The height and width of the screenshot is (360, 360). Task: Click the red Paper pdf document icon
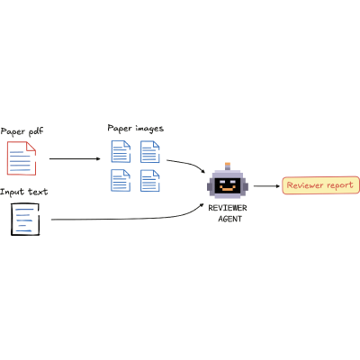[x=22, y=158]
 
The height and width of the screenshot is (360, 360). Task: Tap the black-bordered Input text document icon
[x=25, y=220]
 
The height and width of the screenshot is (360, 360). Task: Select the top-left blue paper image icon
[x=121, y=151]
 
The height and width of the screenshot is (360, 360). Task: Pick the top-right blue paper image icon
[x=150, y=151]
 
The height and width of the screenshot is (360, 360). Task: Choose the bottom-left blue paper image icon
[x=121, y=180]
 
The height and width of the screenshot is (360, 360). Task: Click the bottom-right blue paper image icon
[x=150, y=180]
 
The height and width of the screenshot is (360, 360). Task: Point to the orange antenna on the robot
[x=228, y=165]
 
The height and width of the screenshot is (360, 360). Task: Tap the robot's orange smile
[x=228, y=189]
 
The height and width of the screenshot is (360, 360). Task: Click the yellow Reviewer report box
[x=320, y=185]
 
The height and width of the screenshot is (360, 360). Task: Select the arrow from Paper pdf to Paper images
[x=75, y=158]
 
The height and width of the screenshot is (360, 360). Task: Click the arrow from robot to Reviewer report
[x=266, y=186]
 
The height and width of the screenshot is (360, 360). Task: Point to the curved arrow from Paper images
[x=188, y=164]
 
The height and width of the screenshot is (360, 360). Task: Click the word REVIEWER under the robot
[x=228, y=208]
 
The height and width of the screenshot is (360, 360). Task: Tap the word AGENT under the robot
[x=230, y=219]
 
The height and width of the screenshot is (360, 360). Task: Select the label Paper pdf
[x=22, y=131]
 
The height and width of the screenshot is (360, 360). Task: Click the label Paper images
[x=136, y=129]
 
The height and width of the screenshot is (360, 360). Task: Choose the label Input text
[x=24, y=192]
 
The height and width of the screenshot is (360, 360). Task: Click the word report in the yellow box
[x=340, y=185]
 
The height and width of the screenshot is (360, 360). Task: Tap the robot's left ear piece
[x=210, y=187]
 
